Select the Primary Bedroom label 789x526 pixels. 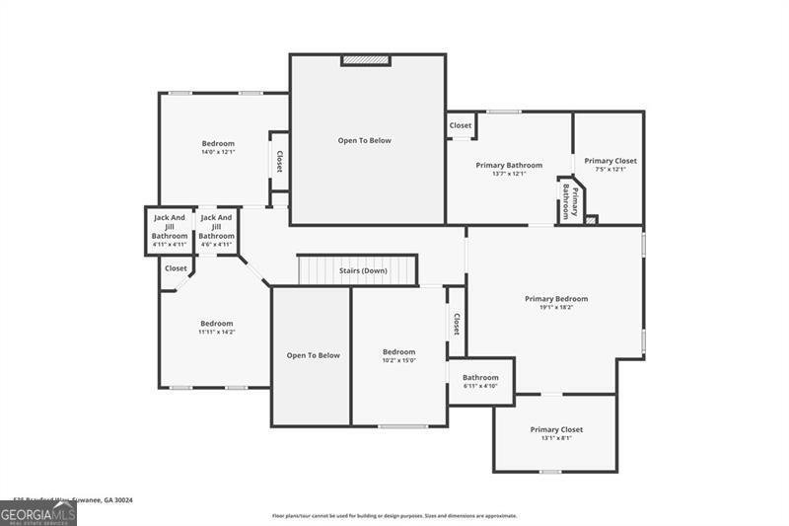(556, 299)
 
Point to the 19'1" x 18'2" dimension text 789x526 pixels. (556, 308)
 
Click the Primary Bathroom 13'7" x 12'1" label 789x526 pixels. (509, 169)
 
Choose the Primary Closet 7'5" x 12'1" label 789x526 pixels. (610, 164)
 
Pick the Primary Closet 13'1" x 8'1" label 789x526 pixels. (556, 433)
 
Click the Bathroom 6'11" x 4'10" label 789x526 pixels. (480, 381)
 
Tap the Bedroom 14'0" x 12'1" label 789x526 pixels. (218, 148)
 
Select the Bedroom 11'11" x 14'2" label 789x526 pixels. (217, 328)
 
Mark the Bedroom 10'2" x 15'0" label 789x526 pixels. (399, 355)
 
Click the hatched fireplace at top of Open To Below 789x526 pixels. (366, 61)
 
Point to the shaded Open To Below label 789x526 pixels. (313, 355)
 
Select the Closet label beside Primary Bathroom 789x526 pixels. (461, 126)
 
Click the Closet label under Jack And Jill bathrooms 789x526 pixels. (176, 268)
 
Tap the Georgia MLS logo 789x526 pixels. (38, 513)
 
